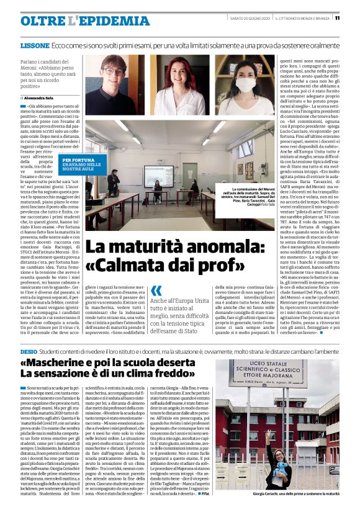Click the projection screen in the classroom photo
[158, 176]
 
